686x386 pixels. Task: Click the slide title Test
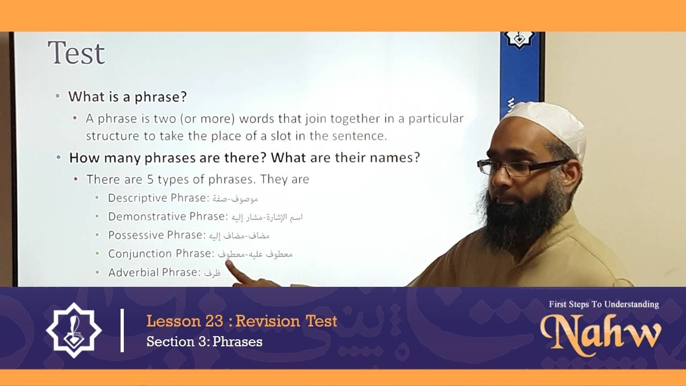(76, 54)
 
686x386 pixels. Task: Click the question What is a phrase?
(127, 97)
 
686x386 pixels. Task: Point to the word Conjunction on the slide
(140, 254)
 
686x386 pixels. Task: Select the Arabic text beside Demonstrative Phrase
(266, 217)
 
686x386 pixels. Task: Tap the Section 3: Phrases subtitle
(204, 342)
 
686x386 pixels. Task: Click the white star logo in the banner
(74, 331)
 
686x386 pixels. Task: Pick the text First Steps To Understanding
(603, 305)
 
